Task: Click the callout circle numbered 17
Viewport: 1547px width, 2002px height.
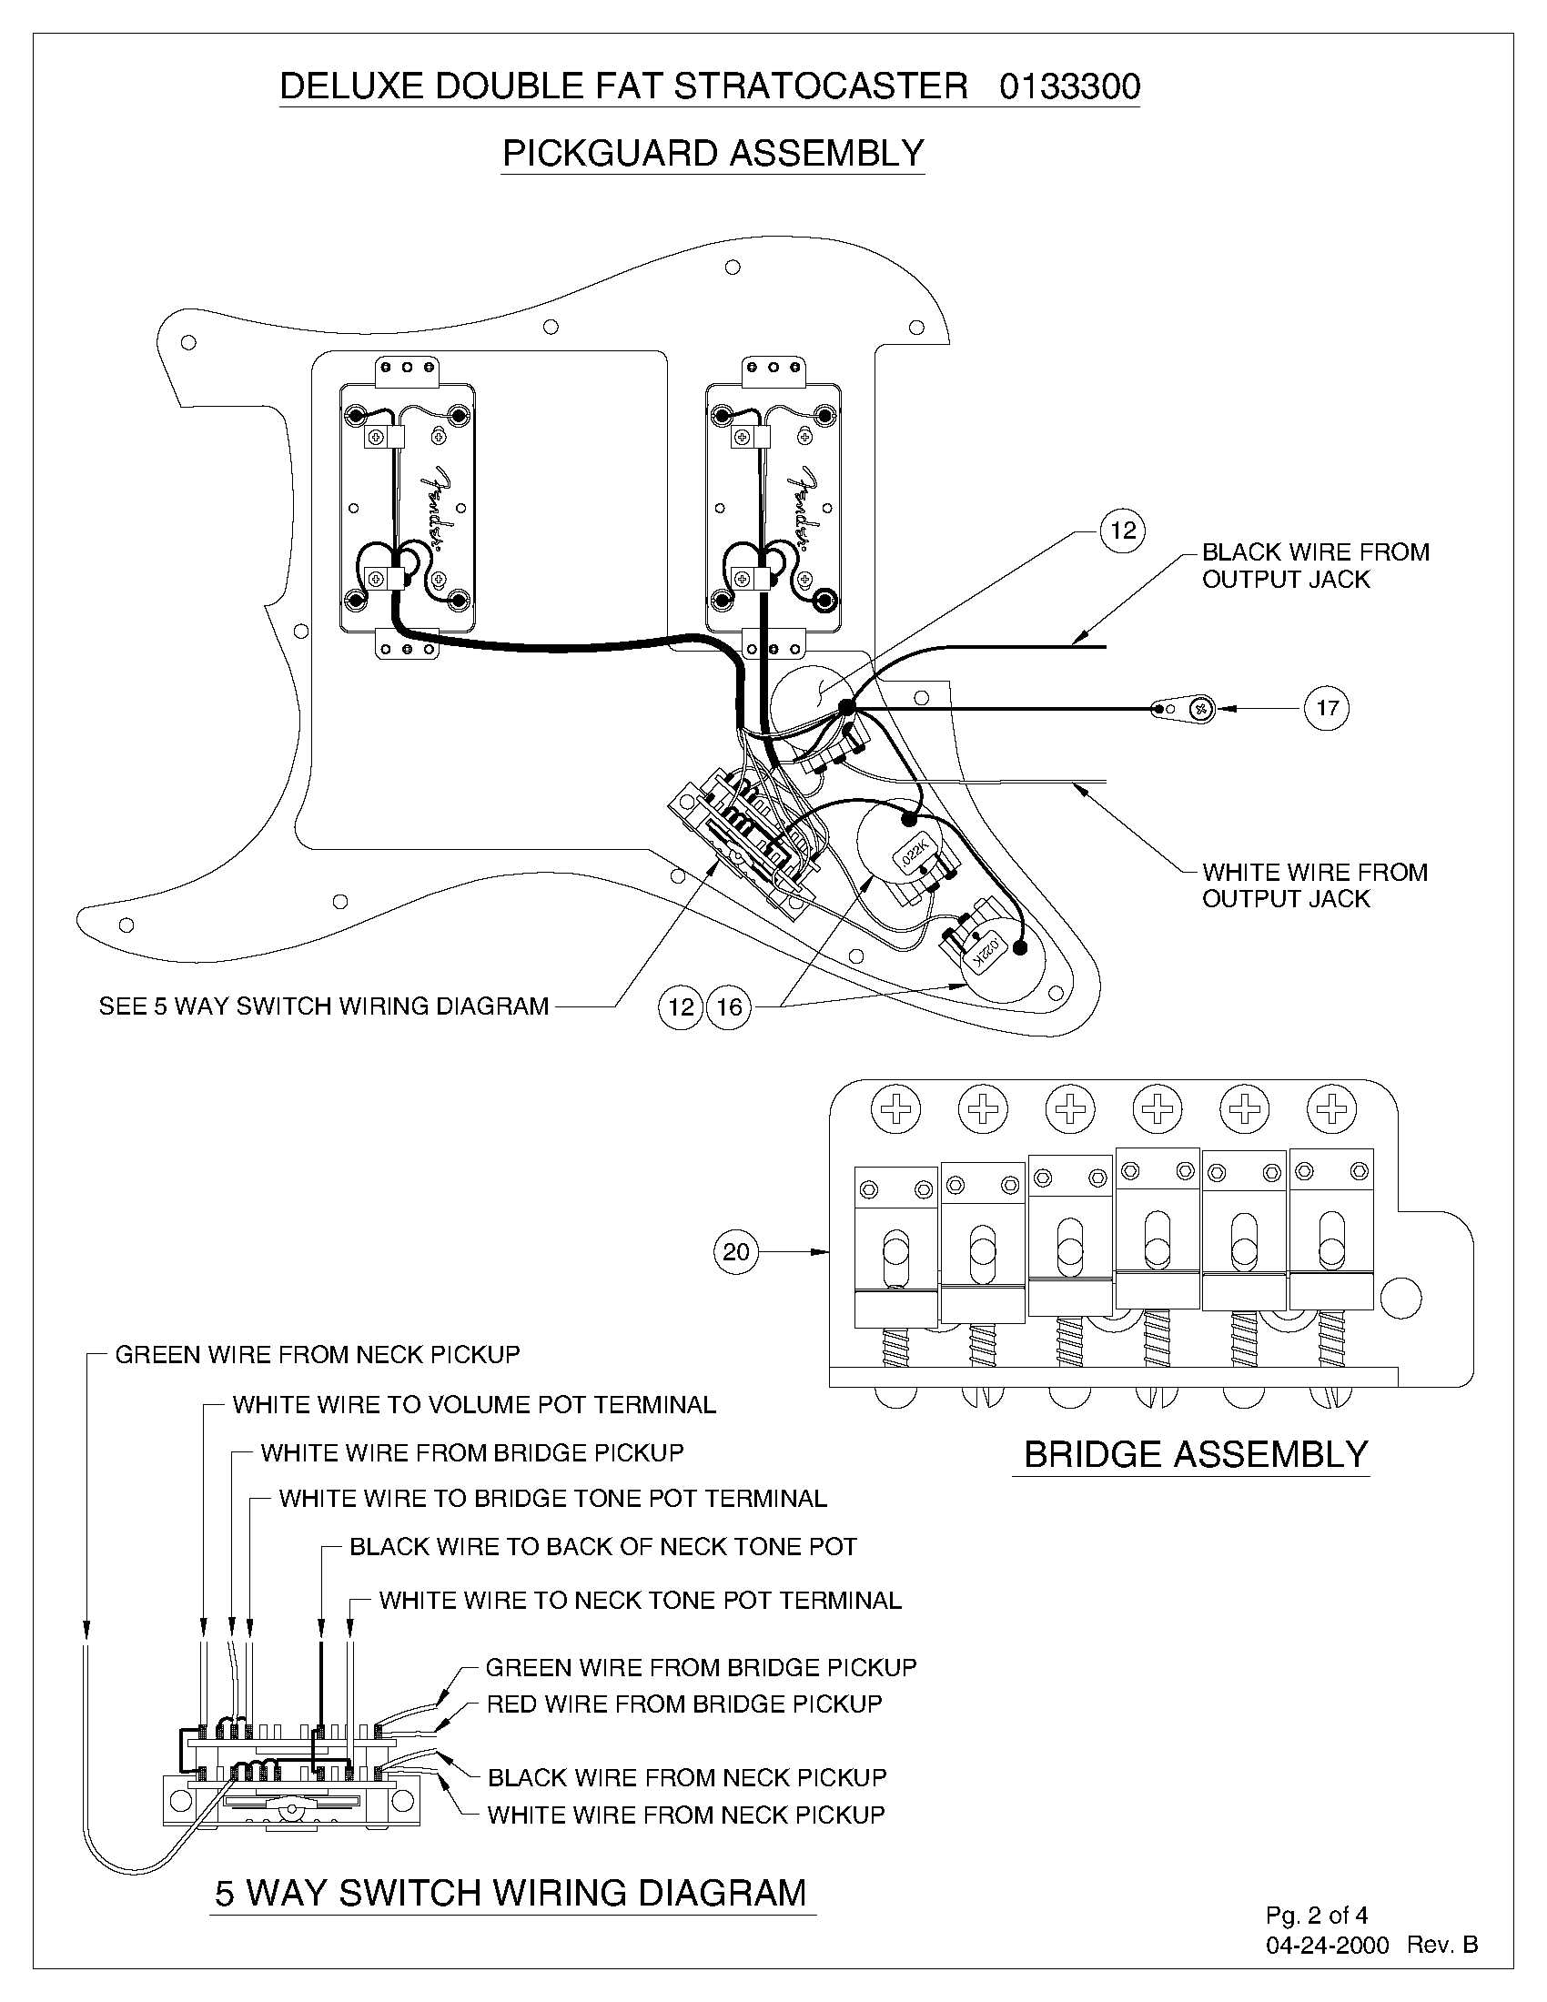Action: tap(1326, 708)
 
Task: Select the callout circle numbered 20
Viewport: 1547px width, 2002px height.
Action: tap(736, 1251)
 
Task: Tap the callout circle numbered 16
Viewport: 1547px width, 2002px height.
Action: tap(729, 1007)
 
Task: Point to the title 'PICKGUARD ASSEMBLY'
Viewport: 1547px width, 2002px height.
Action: tap(713, 152)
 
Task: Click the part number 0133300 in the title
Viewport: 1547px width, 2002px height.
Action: tap(1069, 86)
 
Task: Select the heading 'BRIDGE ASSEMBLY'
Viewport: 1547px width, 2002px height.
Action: tap(1195, 1455)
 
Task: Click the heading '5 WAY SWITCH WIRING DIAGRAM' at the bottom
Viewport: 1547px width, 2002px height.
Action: tap(511, 1892)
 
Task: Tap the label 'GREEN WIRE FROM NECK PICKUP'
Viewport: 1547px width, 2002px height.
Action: tap(317, 1354)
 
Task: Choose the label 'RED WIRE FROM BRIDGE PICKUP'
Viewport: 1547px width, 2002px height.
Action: tap(683, 1704)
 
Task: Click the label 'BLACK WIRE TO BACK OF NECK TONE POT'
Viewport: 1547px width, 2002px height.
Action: tap(602, 1546)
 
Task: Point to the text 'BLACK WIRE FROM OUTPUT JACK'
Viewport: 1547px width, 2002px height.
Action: tap(1314, 566)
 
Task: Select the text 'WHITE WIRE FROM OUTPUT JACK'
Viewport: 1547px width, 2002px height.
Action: tap(1314, 885)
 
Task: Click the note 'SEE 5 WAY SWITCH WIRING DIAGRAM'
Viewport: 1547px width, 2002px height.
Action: tap(324, 1006)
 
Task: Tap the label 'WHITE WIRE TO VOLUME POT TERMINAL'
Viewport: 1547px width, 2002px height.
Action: tap(474, 1404)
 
